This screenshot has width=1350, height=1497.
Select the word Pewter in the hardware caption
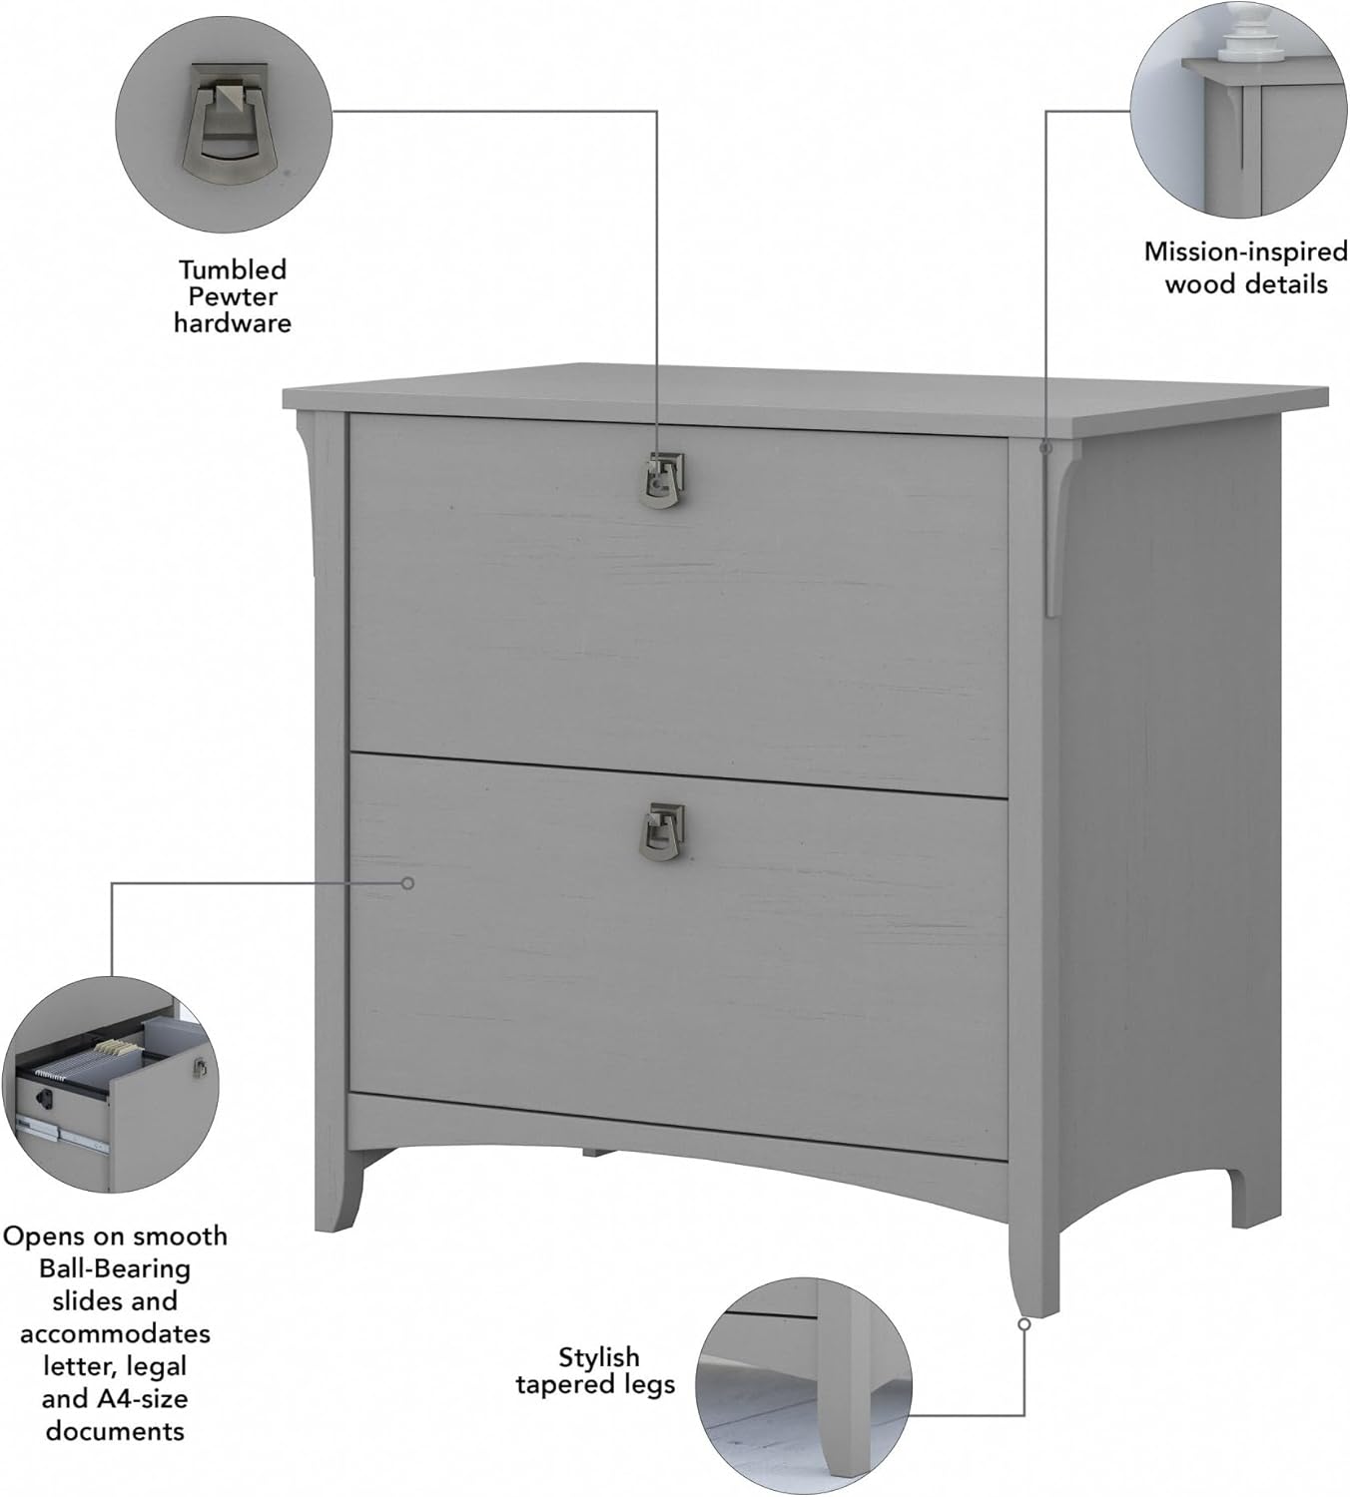click(x=233, y=296)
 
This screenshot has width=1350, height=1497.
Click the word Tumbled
click(x=233, y=269)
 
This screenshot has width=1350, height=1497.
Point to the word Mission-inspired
click(x=1245, y=251)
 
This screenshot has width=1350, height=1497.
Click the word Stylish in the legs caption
click(x=598, y=1357)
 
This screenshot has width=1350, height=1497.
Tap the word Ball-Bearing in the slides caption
click(x=115, y=1269)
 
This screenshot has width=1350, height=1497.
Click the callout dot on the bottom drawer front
click(x=407, y=883)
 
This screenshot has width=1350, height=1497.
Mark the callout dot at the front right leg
click(x=1023, y=1324)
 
